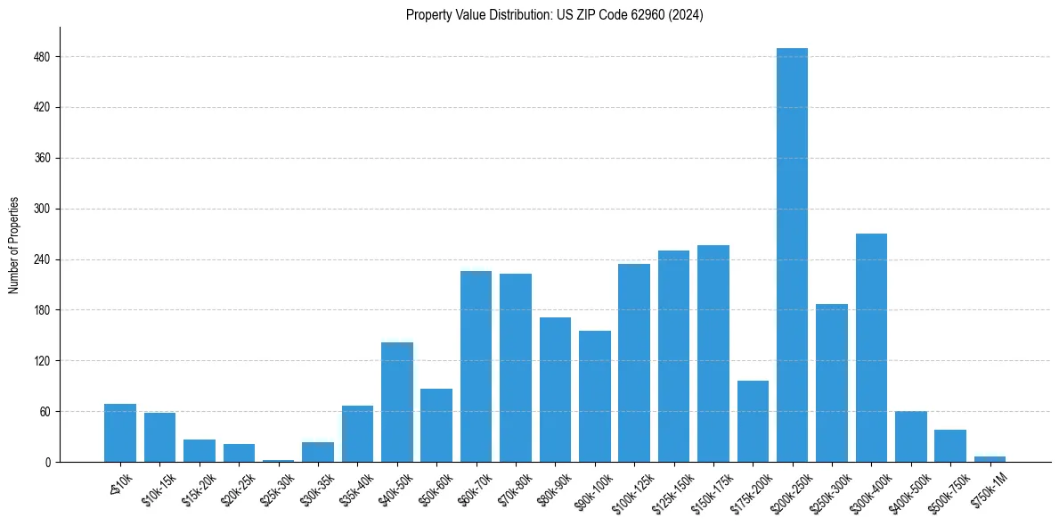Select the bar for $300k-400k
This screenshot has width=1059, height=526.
tap(871, 348)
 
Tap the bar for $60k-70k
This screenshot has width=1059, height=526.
tap(476, 366)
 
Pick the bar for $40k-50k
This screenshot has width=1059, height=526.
tap(397, 402)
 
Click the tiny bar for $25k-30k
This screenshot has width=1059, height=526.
tap(278, 460)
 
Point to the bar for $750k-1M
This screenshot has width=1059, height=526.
tap(990, 459)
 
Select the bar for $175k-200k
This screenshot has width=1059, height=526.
tap(753, 421)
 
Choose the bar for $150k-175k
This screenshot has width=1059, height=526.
tap(713, 353)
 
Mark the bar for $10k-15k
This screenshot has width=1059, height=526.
tap(159, 437)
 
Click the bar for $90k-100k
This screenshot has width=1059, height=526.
tap(594, 396)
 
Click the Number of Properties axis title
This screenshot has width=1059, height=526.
tap(13, 245)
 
